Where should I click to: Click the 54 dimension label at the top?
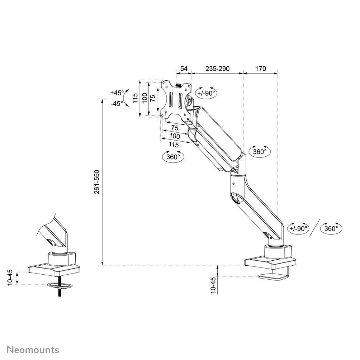[184, 68]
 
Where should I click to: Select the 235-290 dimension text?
[217, 68]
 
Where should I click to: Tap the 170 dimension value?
[261, 68]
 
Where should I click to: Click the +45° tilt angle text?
[117, 93]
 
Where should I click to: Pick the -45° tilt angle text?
[117, 103]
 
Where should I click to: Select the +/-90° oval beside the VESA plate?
[206, 93]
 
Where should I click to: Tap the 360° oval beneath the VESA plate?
[173, 157]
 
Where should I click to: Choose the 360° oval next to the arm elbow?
[260, 151]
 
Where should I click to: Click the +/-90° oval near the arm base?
[298, 228]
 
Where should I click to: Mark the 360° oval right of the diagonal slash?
[331, 228]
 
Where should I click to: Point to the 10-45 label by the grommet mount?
[10, 277]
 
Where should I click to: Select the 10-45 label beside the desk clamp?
[213, 285]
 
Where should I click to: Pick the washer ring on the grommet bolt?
[59, 285]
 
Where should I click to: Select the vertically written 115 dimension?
[135, 98]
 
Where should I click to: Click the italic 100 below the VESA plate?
[175, 136]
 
